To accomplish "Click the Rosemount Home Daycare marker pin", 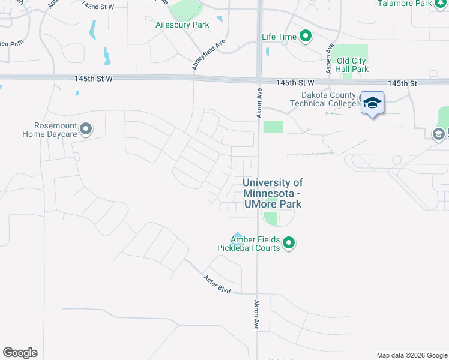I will point(86,129).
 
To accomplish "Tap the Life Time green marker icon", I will point(306,37).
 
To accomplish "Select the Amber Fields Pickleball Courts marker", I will point(289,243).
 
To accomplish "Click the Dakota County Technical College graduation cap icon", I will point(372,104).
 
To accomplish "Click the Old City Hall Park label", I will point(352,65).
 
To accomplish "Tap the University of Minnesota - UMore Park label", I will point(273,193).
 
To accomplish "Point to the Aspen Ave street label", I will point(329,58).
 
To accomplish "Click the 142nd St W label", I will point(98,5).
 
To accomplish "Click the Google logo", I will point(20,353).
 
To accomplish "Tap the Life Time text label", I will point(279,37).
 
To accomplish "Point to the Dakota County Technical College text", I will point(324,99).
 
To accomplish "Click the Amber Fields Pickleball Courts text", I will point(256,244).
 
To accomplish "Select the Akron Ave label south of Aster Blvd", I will point(256,315).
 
